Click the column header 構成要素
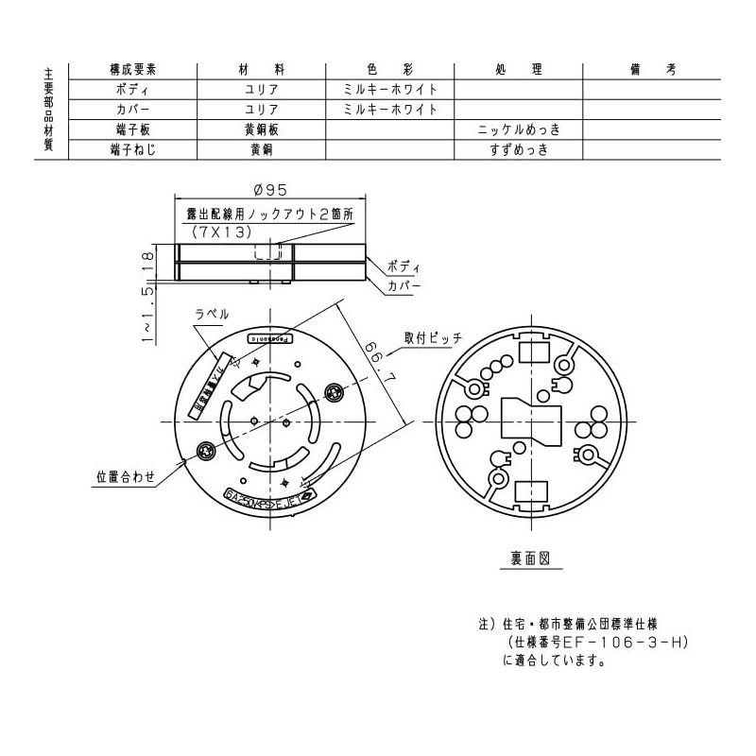[133, 71]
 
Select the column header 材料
[261, 71]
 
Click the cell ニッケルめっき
[519, 129]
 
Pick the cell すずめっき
[519, 150]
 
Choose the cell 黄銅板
[261, 129]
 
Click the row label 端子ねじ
[133, 150]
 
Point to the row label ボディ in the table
[133, 90]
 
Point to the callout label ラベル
[211, 314]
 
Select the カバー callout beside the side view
[404, 285]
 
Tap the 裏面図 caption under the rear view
[530, 558]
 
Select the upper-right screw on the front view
[332, 390]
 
